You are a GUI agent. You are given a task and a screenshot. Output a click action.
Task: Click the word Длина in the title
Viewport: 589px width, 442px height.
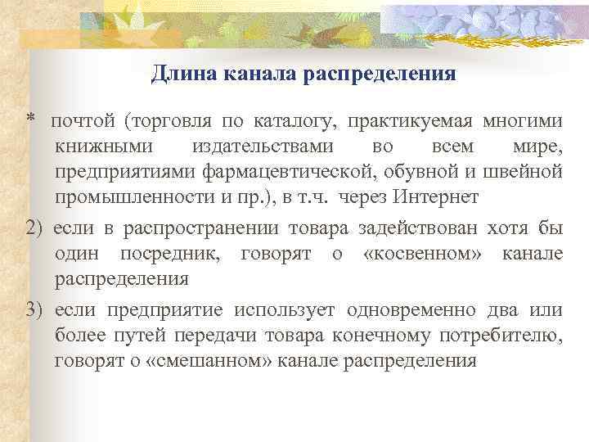click(x=178, y=75)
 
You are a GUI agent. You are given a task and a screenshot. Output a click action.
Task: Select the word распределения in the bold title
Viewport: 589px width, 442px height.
click(x=379, y=75)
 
